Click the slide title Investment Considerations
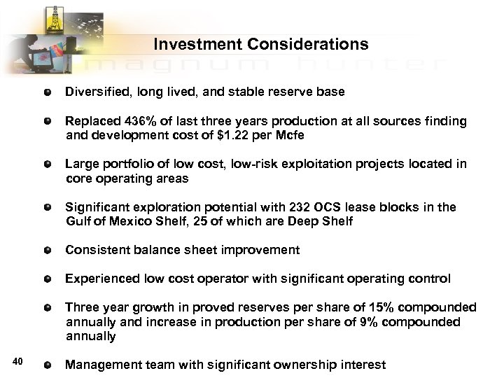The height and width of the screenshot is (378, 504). pos(260,45)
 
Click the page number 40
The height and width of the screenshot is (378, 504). pos(19,360)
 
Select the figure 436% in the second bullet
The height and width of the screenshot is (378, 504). pos(139,121)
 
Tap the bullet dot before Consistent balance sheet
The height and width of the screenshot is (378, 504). pos(47,251)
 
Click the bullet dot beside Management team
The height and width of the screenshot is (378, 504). pos(47,365)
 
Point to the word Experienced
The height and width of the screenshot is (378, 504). pos(101,279)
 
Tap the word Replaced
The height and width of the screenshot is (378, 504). pos(91,121)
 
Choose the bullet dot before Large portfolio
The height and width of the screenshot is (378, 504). pos(47,164)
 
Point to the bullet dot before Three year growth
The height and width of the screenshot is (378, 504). pos(47,308)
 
